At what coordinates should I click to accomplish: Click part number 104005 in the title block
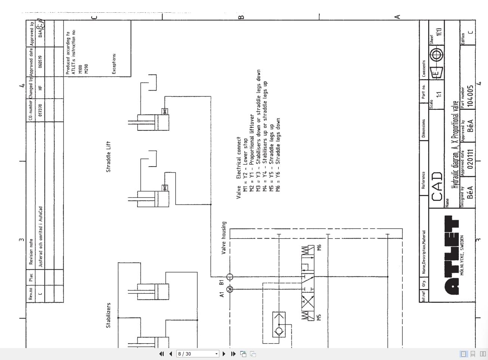tap(470, 96)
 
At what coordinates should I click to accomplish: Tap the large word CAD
tap(437, 186)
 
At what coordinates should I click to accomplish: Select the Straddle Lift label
tap(108, 156)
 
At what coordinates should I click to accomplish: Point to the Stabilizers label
tap(108, 315)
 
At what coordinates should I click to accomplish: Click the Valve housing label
tap(223, 238)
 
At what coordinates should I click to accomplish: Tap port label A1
tap(222, 295)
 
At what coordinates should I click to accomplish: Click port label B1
tap(221, 282)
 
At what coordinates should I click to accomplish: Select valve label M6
tap(319, 248)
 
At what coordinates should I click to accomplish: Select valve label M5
tap(319, 317)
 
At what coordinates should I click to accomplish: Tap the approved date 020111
tap(470, 159)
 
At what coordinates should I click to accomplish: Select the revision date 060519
tap(40, 62)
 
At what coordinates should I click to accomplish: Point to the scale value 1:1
tap(439, 94)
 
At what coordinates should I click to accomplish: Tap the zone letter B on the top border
tap(241, 17)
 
